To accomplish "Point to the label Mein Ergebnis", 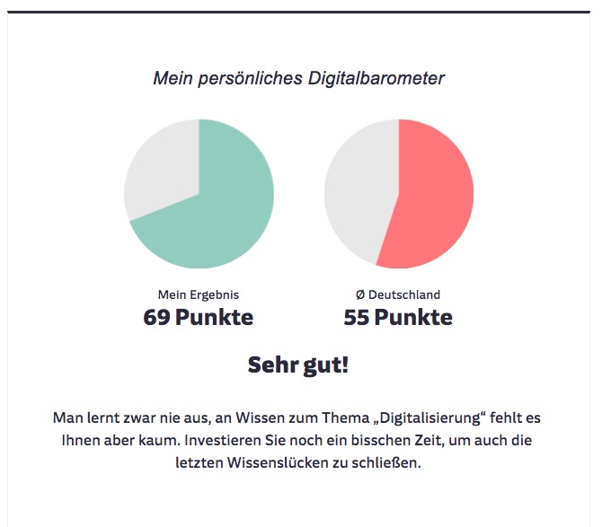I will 199,294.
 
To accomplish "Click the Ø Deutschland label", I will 398,294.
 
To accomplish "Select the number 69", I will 157,317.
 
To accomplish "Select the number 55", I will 357,317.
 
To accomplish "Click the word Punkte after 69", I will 214,317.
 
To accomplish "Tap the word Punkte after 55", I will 413,317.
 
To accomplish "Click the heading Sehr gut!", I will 298,365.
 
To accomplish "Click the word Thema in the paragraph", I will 343,418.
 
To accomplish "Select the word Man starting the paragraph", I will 68,418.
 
